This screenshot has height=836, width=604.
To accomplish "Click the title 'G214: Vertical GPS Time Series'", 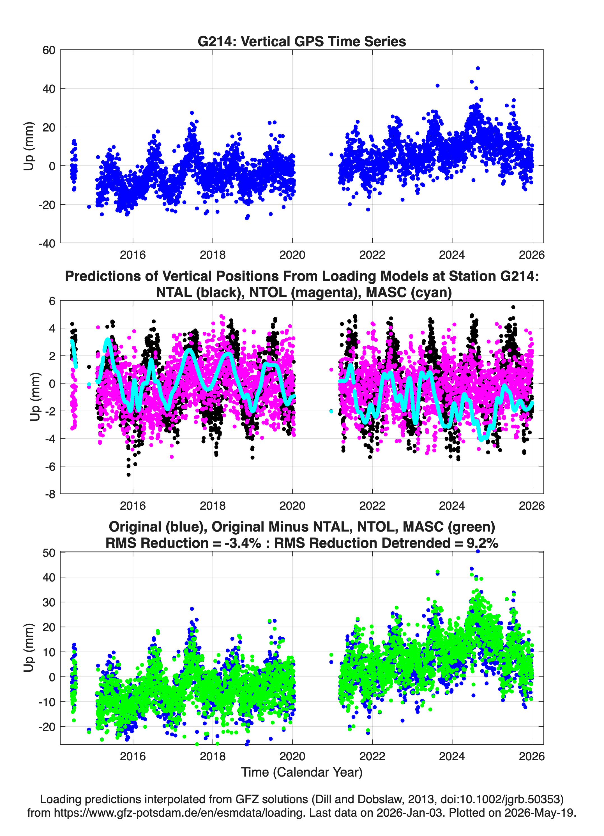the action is point(302,41).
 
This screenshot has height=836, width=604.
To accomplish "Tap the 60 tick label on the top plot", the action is point(49,50).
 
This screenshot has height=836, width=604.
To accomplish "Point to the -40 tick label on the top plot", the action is point(47,243).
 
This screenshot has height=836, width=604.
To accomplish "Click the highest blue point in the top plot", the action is point(478,68).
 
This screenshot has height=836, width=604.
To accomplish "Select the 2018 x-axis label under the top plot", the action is point(212,255).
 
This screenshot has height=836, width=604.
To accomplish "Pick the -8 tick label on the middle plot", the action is point(50,494).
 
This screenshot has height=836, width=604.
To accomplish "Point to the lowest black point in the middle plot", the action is point(128,475).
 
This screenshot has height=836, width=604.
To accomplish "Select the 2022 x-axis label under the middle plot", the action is point(372,505).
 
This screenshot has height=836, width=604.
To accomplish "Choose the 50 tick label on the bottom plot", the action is point(49,553).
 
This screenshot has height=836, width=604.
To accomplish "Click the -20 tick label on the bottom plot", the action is point(47,727).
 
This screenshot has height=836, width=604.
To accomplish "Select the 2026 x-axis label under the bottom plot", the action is point(532,756).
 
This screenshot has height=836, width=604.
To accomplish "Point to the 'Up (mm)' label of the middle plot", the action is point(35,397).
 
